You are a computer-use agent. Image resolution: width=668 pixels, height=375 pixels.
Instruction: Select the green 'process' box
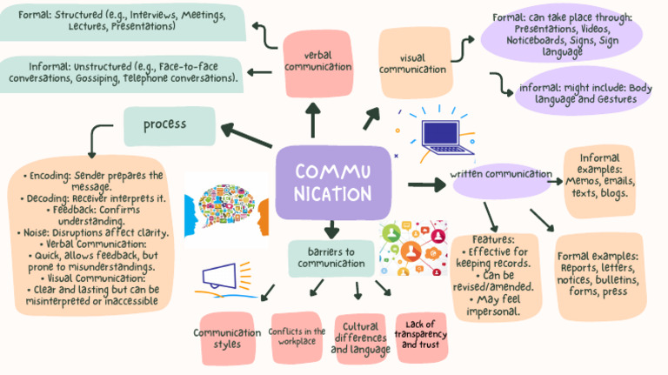pyautogui.click(x=169, y=125)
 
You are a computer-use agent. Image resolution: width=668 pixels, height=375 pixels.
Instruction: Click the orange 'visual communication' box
pyautogui.click(x=414, y=62)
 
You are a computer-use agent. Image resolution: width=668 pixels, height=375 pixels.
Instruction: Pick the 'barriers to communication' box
pyautogui.click(x=331, y=257)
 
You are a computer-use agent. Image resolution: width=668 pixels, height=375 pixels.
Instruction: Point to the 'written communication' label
pyautogui.click(x=500, y=174)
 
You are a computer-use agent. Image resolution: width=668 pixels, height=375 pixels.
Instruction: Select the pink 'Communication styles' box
pyautogui.click(x=226, y=338)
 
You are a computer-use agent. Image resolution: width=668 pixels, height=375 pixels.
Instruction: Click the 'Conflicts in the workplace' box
pyautogui.click(x=297, y=337)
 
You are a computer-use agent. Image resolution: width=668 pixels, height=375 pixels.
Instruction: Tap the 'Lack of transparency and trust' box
pyautogui.click(x=420, y=334)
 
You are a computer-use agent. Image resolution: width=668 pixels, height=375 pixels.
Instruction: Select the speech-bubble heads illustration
pyautogui.click(x=223, y=210)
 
